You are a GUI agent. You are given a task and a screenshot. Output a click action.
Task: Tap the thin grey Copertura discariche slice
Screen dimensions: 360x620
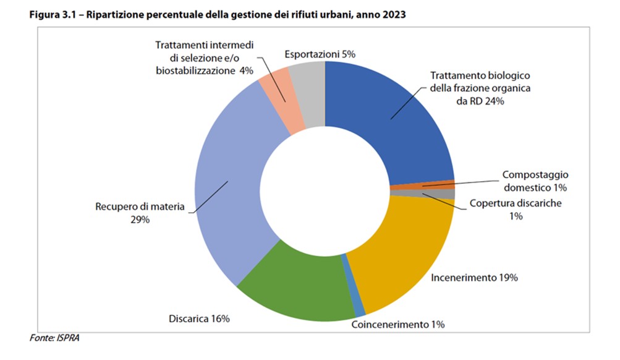(x=433, y=194)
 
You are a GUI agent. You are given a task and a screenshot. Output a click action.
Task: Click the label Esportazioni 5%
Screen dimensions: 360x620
(x=320, y=54)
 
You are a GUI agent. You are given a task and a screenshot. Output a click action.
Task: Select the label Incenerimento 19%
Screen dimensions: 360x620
(x=473, y=277)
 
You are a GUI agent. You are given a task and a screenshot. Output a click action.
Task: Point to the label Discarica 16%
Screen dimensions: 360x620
(x=199, y=319)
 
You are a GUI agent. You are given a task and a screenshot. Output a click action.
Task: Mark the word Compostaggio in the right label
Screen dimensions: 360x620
(x=535, y=175)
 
